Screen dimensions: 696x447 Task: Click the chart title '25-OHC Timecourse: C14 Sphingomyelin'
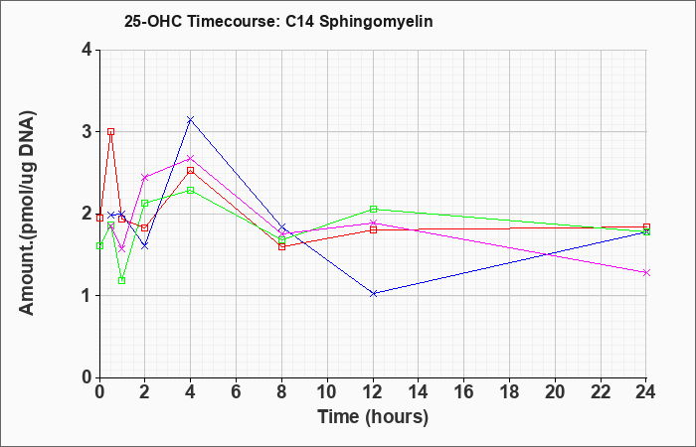(x=278, y=21)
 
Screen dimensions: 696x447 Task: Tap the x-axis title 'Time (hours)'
(x=373, y=417)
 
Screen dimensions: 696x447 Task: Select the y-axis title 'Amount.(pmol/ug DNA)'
(x=27, y=214)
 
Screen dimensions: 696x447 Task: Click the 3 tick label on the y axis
(x=87, y=132)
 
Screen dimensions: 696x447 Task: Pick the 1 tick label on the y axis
(x=87, y=295)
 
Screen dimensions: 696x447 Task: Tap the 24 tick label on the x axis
(x=646, y=391)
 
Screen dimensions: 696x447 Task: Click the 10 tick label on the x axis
(x=327, y=391)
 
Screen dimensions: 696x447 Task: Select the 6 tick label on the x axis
(x=237, y=391)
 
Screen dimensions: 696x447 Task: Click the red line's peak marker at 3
(x=111, y=132)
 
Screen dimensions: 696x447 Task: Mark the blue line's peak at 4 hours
(x=191, y=119)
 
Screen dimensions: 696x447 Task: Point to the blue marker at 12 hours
(x=373, y=294)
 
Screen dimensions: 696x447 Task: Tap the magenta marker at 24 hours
(x=646, y=273)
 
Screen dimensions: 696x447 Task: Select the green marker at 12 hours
(x=373, y=210)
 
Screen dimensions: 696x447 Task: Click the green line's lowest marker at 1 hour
(x=122, y=281)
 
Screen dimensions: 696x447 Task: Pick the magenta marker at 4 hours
(x=191, y=158)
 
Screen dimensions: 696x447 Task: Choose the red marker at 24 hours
(x=646, y=227)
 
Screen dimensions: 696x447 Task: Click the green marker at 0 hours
(x=99, y=246)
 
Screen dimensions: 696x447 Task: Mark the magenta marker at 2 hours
(x=145, y=178)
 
